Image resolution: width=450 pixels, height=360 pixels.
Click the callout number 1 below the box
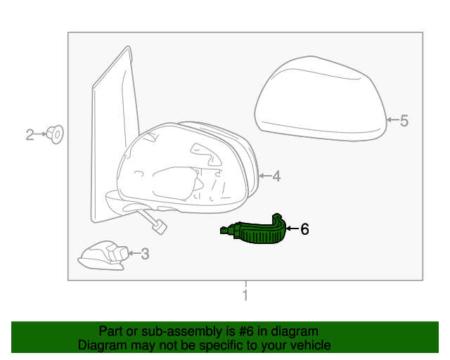click(x=245, y=296)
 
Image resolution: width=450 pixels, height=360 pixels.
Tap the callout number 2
click(x=30, y=134)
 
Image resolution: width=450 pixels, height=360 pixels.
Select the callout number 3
click(x=145, y=254)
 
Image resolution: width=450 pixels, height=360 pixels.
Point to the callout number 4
click(x=276, y=176)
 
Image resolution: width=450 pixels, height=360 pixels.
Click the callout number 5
click(x=404, y=121)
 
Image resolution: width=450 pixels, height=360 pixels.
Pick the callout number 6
click(x=304, y=229)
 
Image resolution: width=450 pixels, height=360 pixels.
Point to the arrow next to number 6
click(x=292, y=229)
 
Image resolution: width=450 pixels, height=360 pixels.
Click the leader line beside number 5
click(x=394, y=121)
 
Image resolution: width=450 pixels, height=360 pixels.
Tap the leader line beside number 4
click(x=265, y=176)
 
